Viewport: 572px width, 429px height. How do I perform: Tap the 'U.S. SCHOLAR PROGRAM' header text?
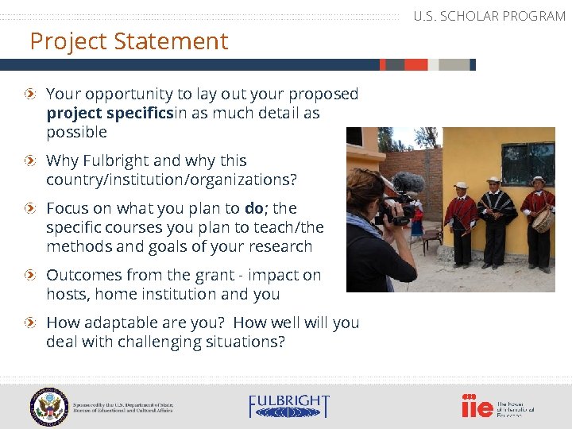489,16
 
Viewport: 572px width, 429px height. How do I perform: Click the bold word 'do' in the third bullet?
254,208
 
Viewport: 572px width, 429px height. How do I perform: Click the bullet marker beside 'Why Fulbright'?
29,161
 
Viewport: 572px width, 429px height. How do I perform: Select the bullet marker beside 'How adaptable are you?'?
29,323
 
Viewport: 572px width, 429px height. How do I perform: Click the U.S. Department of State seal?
49,406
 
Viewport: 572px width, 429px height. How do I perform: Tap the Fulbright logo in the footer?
288,406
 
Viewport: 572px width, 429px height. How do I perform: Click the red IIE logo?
477,406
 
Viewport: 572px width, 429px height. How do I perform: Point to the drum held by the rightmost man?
543,219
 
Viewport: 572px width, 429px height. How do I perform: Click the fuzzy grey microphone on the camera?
408,184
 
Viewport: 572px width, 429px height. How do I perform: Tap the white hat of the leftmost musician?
461,185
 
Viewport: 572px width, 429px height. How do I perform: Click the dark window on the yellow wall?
528,164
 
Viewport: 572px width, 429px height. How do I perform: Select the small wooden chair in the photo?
432,238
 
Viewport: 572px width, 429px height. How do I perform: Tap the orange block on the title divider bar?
393,64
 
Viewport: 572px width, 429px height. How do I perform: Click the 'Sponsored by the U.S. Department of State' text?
123,406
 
